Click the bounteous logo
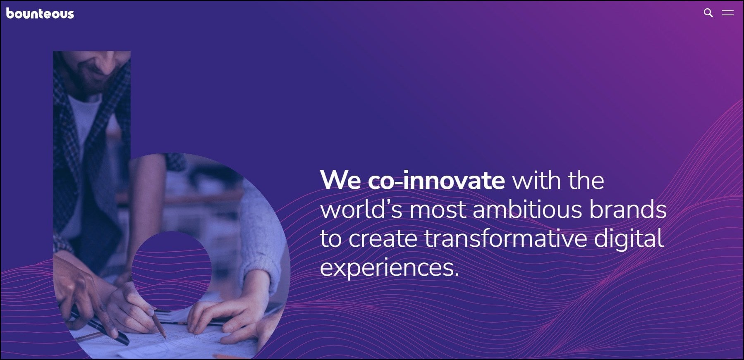pos(40,14)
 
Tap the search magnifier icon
pos(708,13)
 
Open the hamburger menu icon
pos(728,13)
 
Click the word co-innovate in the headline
pos(436,180)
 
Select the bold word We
pos(340,180)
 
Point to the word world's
pos(361,209)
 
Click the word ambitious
pos(527,209)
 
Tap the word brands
pos(628,209)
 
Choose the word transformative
pos(506,238)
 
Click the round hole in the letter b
pos(172,271)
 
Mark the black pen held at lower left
pos(99,326)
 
